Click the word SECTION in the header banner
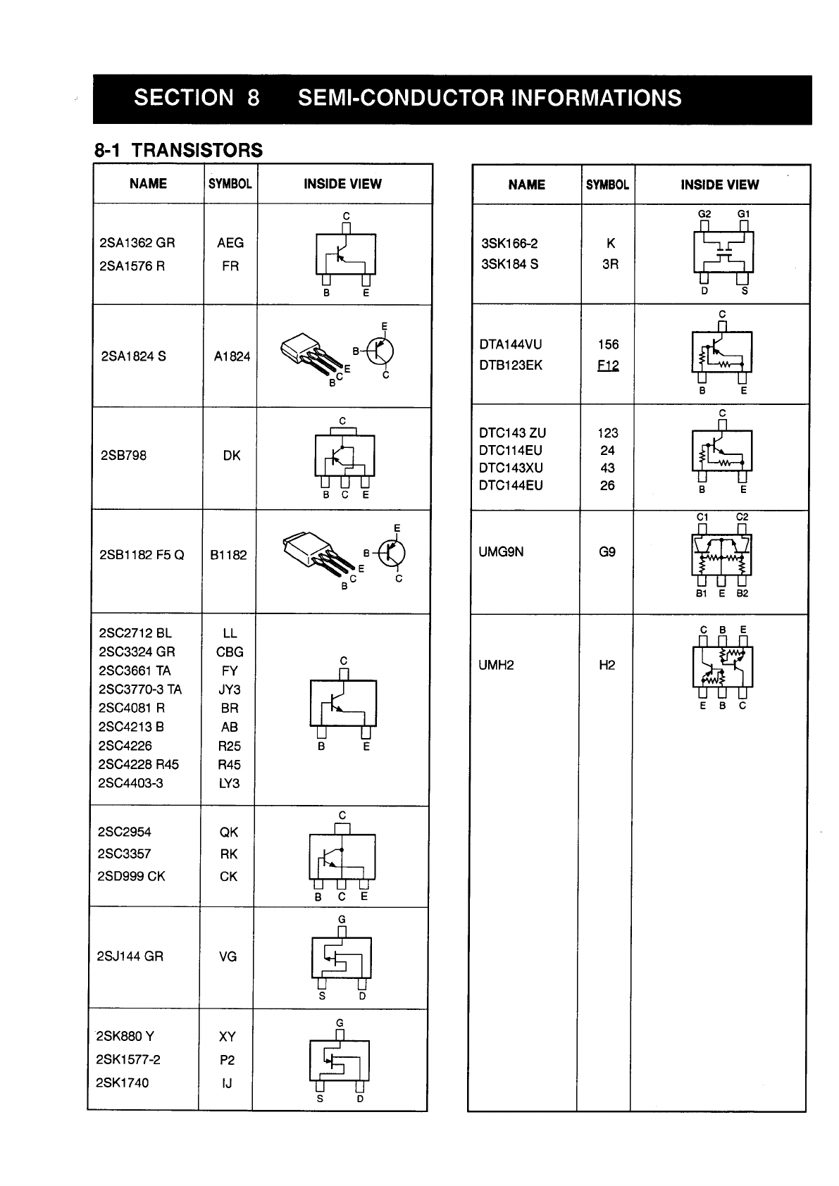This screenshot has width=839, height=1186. (183, 98)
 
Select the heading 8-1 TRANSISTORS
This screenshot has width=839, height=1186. (178, 150)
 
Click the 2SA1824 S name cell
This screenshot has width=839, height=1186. (134, 356)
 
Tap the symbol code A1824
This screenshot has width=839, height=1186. (232, 356)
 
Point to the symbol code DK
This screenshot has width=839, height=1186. (231, 456)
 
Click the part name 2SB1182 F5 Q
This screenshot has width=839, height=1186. (142, 555)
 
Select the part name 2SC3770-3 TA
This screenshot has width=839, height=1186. (140, 689)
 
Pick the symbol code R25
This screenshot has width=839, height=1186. (229, 746)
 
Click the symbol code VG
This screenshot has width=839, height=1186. (228, 956)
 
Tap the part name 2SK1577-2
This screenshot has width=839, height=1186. (128, 1059)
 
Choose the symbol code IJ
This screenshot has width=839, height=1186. (227, 1083)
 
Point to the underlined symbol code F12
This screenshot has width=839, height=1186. (608, 366)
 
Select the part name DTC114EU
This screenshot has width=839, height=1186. (511, 451)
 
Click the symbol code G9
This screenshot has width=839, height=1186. (607, 552)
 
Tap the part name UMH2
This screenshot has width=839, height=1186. (496, 665)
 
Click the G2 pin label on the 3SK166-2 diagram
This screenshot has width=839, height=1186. (704, 214)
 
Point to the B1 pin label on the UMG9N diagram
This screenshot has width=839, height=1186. (701, 594)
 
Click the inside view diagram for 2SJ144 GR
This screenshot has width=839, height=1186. (342, 957)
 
